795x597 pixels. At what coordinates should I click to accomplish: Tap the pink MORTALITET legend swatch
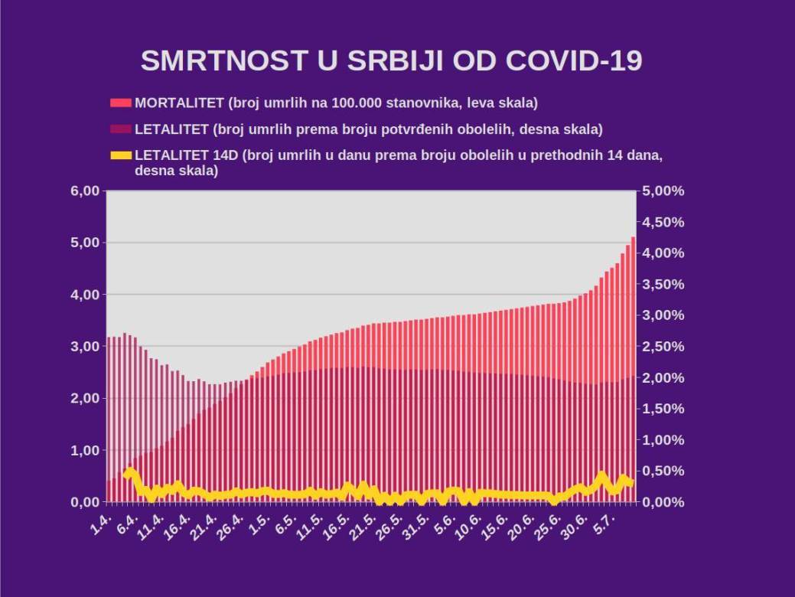121,103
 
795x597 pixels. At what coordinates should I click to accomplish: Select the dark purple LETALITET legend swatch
121,129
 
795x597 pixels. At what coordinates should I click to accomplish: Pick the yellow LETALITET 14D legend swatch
121,155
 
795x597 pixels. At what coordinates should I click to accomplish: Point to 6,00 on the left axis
85,191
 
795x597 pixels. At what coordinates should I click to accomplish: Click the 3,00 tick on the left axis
85,346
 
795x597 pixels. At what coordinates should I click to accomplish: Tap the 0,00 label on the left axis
85,502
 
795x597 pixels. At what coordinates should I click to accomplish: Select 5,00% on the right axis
663,191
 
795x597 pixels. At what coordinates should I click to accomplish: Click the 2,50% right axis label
663,346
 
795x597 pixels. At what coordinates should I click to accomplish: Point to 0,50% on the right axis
663,471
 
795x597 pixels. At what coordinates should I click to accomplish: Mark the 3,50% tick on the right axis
663,284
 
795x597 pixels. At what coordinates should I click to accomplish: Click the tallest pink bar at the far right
633,367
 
